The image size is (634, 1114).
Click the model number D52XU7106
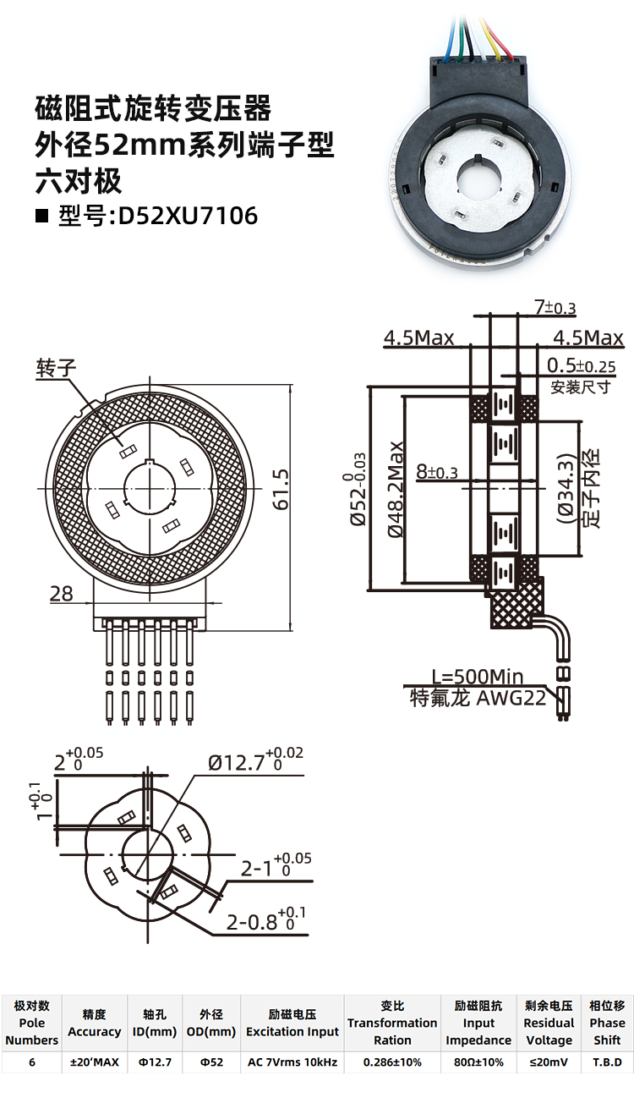188,216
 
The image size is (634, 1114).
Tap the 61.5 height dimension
281,489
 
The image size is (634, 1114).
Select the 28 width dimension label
61,593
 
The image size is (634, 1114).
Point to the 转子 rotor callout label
56,368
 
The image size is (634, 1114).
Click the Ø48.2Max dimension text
396,490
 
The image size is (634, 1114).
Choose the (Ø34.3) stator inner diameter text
566,488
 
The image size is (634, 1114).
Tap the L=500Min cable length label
477,677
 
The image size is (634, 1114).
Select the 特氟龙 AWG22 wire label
478,698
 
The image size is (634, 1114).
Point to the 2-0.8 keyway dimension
266,920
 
